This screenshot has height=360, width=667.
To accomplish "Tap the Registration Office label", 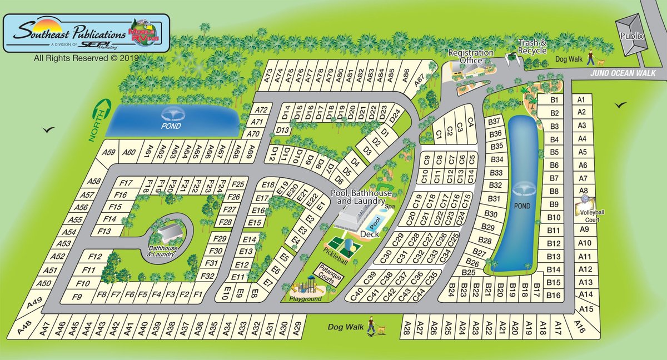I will pyautogui.click(x=471, y=56).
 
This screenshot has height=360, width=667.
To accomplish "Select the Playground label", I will pyautogui.click(x=305, y=298).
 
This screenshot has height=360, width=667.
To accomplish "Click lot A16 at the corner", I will pyautogui.click(x=581, y=327).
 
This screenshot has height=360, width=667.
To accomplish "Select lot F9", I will pyautogui.click(x=77, y=297).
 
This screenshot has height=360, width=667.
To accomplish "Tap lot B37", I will pyautogui.click(x=494, y=121).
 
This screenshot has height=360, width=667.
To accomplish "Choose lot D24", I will pyautogui.click(x=395, y=118).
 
